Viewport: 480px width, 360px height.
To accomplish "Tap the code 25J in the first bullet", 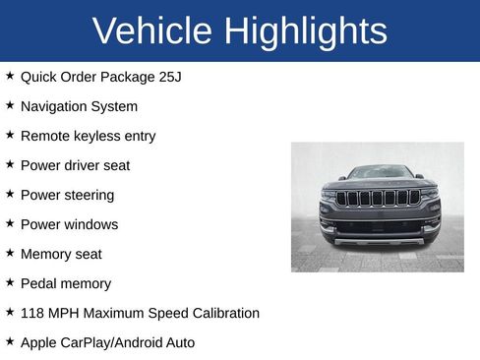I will point(168,77).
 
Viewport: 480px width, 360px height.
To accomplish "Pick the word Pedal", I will point(38,283).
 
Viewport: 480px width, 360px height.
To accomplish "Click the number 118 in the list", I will point(32,313).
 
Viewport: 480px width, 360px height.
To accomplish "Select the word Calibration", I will point(223,313).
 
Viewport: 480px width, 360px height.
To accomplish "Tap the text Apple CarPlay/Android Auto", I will point(107,342).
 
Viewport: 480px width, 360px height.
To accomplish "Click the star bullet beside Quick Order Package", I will point(10,76).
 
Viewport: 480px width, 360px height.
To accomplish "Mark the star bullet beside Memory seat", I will point(10,253).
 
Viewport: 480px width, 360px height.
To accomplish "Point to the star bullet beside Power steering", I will point(10,194).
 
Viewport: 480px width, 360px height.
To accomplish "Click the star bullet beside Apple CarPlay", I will point(10,341).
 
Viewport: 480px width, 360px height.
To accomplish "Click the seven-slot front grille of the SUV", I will point(378,198).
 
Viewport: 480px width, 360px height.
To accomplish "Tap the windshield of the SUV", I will point(379,173).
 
